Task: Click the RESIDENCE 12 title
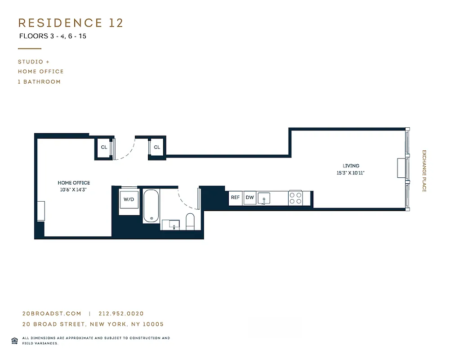(71, 23)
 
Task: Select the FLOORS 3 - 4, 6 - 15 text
(53, 36)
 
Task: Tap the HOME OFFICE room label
(74, 183)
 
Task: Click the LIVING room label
(351, 166)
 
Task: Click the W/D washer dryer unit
(129, 199)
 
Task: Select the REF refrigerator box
(235, 198)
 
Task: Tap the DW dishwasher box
(250, 198)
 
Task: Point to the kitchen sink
(265, 198)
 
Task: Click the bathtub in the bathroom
(151, 206)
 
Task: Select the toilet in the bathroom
(190, 221)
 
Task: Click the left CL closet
(104, 147)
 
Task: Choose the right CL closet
(157, 147)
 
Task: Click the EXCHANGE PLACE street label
(424, 171)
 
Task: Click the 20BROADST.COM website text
(51, 314)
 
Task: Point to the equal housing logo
(14, 340)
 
